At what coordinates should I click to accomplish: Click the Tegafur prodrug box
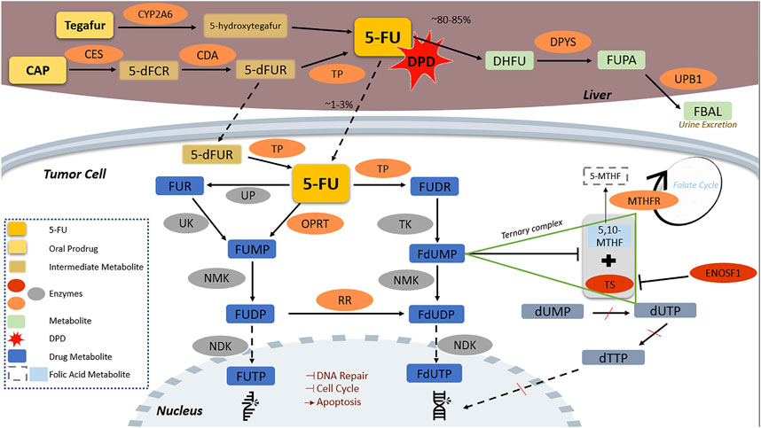(x=85, y=25)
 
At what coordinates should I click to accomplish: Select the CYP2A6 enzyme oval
(x=155, y=14)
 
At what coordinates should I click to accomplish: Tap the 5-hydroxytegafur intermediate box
(x=245, y=27)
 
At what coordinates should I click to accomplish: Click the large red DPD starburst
(x=420, y=60)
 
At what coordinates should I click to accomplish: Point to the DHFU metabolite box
(x=509, y=60)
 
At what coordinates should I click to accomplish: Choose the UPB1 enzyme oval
(x=688, y=79)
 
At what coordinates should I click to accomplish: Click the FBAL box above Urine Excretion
(x=707, y=111)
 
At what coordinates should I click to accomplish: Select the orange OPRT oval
(x=315, y=224)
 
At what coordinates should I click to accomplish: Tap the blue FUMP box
(x=252, y=249)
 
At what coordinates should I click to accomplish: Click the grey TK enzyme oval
(x=404, y=224)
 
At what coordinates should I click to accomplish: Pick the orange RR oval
(x=345, y=300)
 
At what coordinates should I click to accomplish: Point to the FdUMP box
(x=437, y=253)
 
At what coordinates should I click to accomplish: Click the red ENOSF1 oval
(x=723, y=273)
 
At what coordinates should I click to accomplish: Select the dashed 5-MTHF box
(x=605, y=176)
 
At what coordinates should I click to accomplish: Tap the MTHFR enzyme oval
(x=644, y=200)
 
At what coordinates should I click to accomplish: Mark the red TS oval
(x=609, y=284)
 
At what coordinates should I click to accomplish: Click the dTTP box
(x=614, y=358)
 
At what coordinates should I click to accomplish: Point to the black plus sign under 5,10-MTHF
(x=608, y=261)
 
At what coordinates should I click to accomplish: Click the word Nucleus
(x=179, y=410)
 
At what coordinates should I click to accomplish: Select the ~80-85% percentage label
(x=451, y=19)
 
